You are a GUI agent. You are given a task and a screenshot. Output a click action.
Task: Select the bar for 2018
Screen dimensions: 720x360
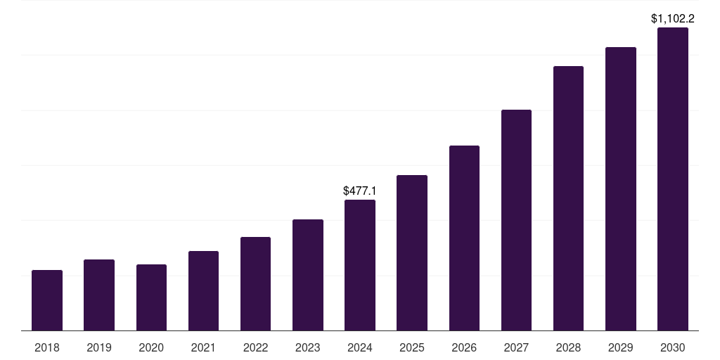click(47, 300)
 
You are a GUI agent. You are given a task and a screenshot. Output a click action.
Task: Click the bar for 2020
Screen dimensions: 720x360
click(152, 297)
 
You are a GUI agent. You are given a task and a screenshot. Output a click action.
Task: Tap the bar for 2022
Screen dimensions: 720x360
click(255, 284)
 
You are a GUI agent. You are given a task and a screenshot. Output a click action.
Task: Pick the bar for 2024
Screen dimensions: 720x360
click(360, 265)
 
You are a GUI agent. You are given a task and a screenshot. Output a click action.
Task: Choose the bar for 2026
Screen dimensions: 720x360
click(464, 238)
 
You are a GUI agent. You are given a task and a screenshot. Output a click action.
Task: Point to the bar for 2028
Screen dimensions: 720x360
click(568, 198)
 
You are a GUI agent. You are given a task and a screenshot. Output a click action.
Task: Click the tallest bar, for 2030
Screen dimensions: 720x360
click(673, 179)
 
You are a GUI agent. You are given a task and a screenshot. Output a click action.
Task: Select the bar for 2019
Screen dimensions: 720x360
click(99, 295)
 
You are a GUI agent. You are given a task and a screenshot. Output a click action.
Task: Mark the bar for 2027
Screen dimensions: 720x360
click(517, 220)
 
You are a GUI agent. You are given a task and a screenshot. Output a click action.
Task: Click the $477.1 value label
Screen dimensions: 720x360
click(359, 191)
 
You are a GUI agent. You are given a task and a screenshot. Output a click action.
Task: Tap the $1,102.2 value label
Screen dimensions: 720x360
click(673, 19)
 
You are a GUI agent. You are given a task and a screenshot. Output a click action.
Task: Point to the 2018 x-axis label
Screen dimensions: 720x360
click(47, 347)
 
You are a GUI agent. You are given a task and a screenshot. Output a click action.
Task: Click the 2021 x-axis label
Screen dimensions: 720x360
click(203, 347)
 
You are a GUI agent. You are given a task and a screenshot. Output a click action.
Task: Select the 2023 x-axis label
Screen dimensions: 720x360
click(308, 347)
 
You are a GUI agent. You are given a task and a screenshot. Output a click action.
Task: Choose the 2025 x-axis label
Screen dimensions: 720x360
click(412, 347)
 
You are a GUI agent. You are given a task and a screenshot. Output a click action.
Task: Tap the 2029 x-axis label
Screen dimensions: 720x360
click(621, 347)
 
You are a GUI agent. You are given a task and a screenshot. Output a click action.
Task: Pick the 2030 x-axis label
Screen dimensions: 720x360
click(673, 347)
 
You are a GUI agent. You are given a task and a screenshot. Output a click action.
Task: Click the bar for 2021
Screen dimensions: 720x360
click(203, 290)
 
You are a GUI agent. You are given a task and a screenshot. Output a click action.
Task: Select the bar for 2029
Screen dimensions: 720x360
click(621, 188)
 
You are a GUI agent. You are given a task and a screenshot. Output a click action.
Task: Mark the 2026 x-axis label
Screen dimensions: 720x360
click(464, 347)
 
